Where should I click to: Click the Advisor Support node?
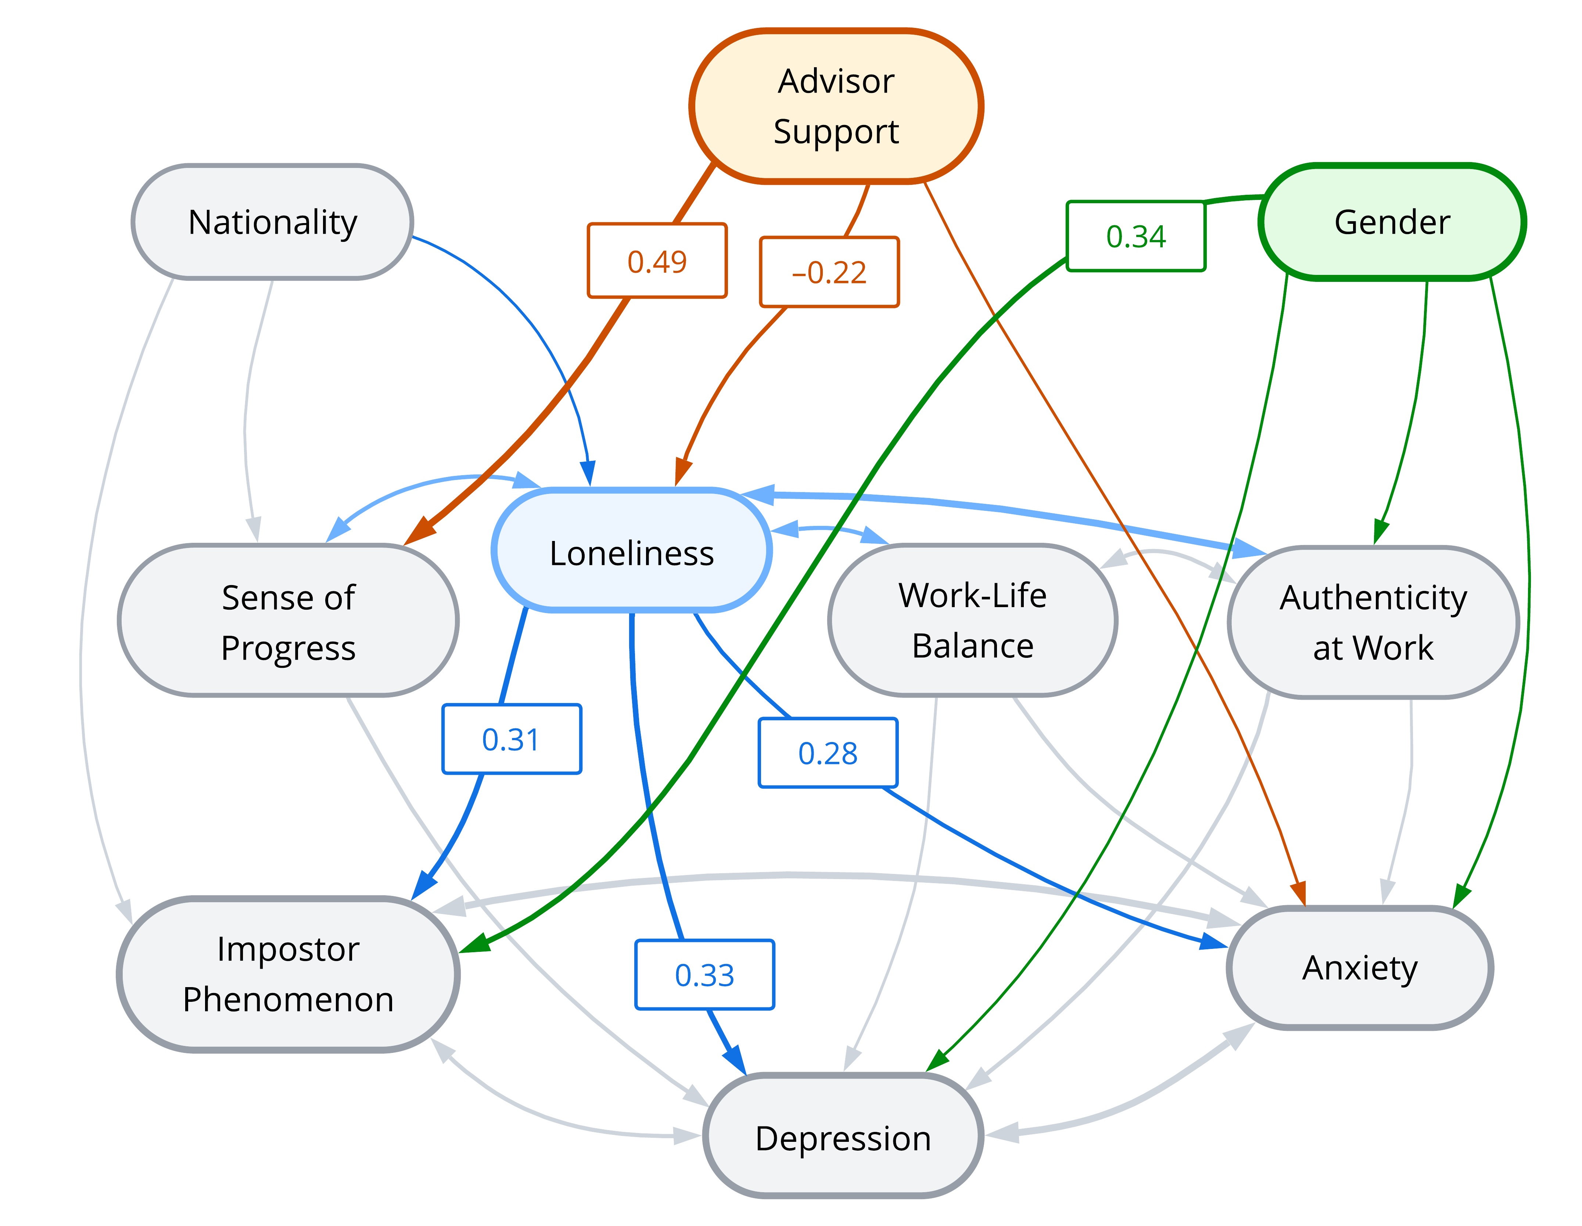tap(836, 106)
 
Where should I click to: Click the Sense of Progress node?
tap(288, 620)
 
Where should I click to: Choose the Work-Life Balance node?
tap(973, 620)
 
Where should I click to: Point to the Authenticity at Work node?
tap(1373, 623)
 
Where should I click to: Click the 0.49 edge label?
tap(657, 260)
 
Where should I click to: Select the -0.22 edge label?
tap(829, 272)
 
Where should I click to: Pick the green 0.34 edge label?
tap(1136, 236)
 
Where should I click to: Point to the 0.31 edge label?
tap(512, 739)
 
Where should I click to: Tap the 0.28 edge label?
tap(828, 753)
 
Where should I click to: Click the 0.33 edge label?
tap(705, 975)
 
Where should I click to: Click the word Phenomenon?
tap(288, 1000)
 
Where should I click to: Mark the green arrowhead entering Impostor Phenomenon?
tap(474, 943)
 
